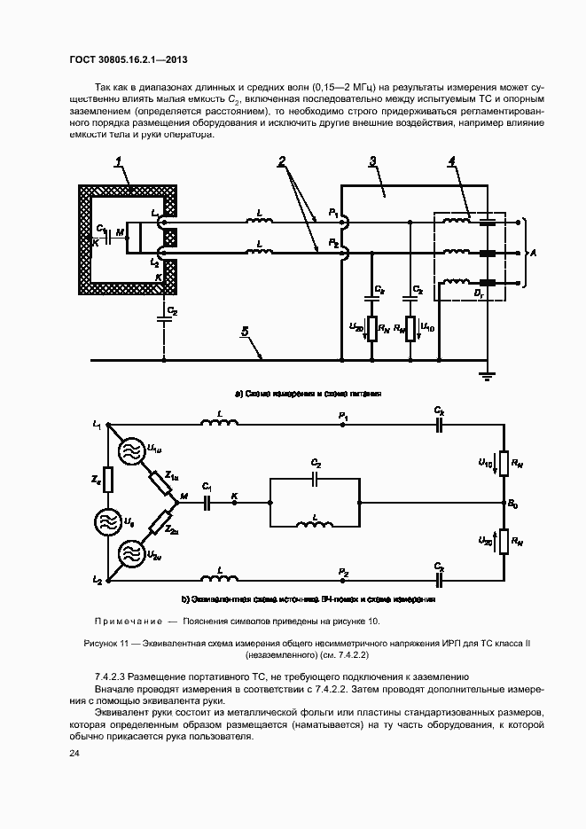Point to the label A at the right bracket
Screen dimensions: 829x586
(531, 254)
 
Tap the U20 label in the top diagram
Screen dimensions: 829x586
(357, 328)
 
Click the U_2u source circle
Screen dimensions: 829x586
(130, 555)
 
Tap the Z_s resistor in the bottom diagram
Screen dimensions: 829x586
(107, 480)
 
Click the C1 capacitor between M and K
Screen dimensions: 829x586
(207, 502)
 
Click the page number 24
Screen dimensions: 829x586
(74, 754)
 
